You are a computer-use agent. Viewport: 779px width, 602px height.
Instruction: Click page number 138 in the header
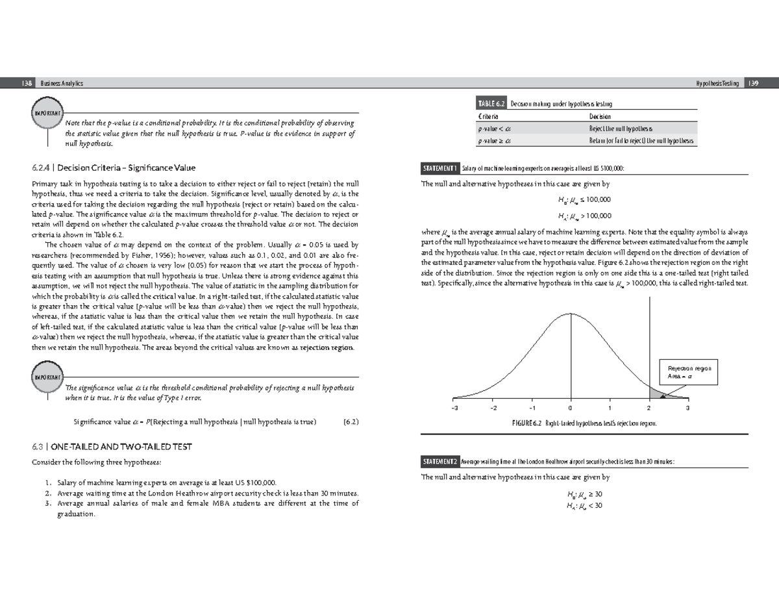pos(27,83)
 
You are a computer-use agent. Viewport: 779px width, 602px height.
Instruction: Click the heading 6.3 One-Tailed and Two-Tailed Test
pos(112,447)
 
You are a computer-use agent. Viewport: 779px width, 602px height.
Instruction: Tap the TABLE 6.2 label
pos(491,104)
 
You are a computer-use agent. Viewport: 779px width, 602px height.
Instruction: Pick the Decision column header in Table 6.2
pos(600,116)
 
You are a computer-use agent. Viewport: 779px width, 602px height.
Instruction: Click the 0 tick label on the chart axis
pos(571,408)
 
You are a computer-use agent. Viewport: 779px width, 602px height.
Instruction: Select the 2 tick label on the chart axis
pos(649,408)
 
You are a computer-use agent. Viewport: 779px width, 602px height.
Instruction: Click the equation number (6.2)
pos(351,421)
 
